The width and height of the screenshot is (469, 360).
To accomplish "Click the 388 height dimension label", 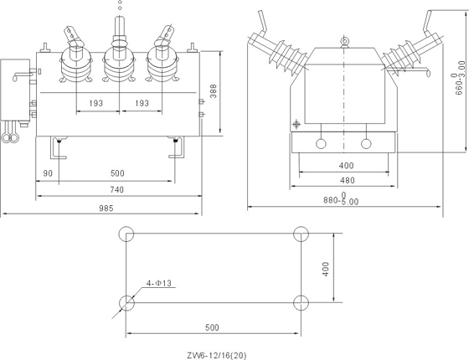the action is coord(213,91).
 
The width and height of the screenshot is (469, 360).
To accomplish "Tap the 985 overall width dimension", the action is coord(106,208).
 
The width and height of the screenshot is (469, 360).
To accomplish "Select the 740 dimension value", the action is coord(116,189).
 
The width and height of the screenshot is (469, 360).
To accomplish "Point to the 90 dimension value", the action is coord(48,173).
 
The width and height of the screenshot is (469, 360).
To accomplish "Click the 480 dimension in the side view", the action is coord(348,180).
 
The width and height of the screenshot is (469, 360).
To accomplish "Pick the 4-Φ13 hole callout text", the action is coord(159,283).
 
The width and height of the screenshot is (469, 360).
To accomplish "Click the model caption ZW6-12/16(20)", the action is coord(217,355).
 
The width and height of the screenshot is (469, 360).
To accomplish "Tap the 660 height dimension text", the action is coord(460,77).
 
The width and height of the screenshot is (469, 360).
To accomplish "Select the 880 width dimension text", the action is coord(341,199).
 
